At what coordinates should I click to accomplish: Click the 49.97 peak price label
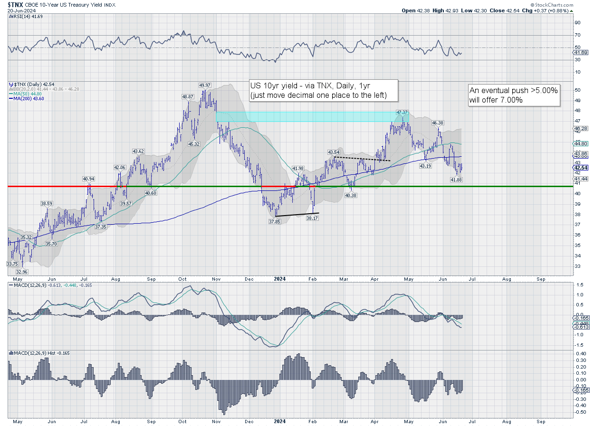[205, 85]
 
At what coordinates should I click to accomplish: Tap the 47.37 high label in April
[402, 113]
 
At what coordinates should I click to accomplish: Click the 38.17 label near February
[312, 218]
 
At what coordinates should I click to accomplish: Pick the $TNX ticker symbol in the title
[15, 4]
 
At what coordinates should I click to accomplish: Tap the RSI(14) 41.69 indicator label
[25, 16]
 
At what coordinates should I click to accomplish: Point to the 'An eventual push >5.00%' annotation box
[513, 95]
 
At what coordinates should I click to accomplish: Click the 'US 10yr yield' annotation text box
[323, 90]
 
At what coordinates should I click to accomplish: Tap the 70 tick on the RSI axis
[577, 35]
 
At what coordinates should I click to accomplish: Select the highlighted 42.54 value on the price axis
[581, 168]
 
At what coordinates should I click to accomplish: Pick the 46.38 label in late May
[438, 123]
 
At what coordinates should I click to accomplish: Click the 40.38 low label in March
[351, 195]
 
